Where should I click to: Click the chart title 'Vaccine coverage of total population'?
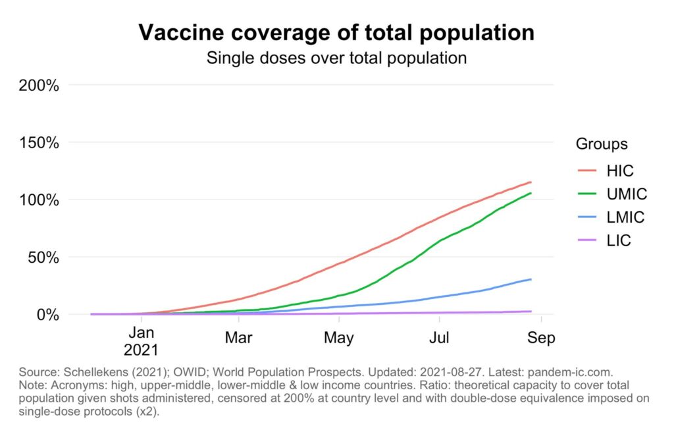click(336, 33)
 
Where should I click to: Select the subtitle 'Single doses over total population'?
click(336, 58)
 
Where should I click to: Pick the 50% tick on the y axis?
click(43, 257)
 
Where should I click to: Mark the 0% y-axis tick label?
click(48, 314)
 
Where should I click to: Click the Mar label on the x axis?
click(238, 338)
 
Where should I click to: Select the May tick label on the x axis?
click(338, 338)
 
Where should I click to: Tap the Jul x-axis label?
click(439, 338)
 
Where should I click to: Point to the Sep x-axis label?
click(540, 338)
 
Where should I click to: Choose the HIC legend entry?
click(619, 171)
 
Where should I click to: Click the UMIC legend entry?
click(627, 194)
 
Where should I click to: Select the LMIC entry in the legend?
click(625, 217)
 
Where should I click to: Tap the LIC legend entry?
click(619, 241)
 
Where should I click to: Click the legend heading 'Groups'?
click(602, 144)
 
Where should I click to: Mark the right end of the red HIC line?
click(531, 182)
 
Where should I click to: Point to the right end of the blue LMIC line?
click(531, 279)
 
